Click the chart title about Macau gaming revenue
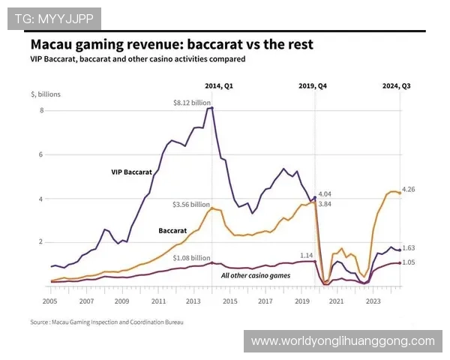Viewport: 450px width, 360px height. [172, 44]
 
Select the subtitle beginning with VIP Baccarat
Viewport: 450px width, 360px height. [138, 58]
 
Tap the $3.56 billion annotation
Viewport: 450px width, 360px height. [191, 204]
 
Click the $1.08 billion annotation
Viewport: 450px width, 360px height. [191, 258]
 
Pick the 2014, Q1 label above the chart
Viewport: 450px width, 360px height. [219, 85]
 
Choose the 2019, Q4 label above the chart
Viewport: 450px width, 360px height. [313, 85]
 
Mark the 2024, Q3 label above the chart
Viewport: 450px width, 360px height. [397, 85]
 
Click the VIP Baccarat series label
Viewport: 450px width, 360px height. [131, 172]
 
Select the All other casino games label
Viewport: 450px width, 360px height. [255, 275]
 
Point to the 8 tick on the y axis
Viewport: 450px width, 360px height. [42, 111]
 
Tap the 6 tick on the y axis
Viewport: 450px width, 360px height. [42, 154]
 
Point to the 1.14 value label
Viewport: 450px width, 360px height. [307, 255]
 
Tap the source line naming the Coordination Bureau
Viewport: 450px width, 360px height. [106, 322]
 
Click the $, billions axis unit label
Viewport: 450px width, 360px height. [46, 95]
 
